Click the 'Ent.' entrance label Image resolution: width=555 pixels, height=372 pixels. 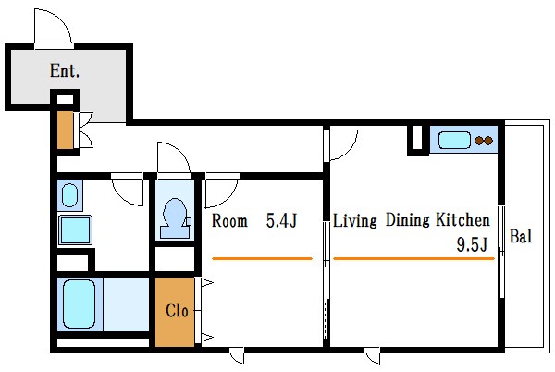(65, 70)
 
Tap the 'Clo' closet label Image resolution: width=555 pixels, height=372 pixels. (177, 310)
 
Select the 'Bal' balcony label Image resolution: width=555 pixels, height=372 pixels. (521, 236)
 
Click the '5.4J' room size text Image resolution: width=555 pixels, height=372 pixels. (281, 221)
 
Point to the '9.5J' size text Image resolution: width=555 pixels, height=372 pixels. (472, 244)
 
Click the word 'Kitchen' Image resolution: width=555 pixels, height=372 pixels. (463, 220)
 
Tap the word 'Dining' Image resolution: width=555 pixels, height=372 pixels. (408, 220)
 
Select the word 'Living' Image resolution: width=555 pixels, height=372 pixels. (355, 220)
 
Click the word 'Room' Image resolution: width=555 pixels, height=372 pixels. (229, 221)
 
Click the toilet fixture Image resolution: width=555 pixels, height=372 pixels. (175, 218)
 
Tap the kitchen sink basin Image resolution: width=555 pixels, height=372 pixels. (454, 141)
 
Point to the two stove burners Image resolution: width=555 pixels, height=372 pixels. (484, 141)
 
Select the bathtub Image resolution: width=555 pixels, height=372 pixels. (80, 304)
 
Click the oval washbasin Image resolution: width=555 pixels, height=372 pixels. (69, 195)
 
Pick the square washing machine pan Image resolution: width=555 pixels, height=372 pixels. (75, 230)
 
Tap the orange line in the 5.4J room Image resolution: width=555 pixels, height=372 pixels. (263, 259)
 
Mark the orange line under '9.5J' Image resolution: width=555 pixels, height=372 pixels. (413, 259)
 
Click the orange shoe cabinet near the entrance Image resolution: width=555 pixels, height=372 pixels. (66, 130)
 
